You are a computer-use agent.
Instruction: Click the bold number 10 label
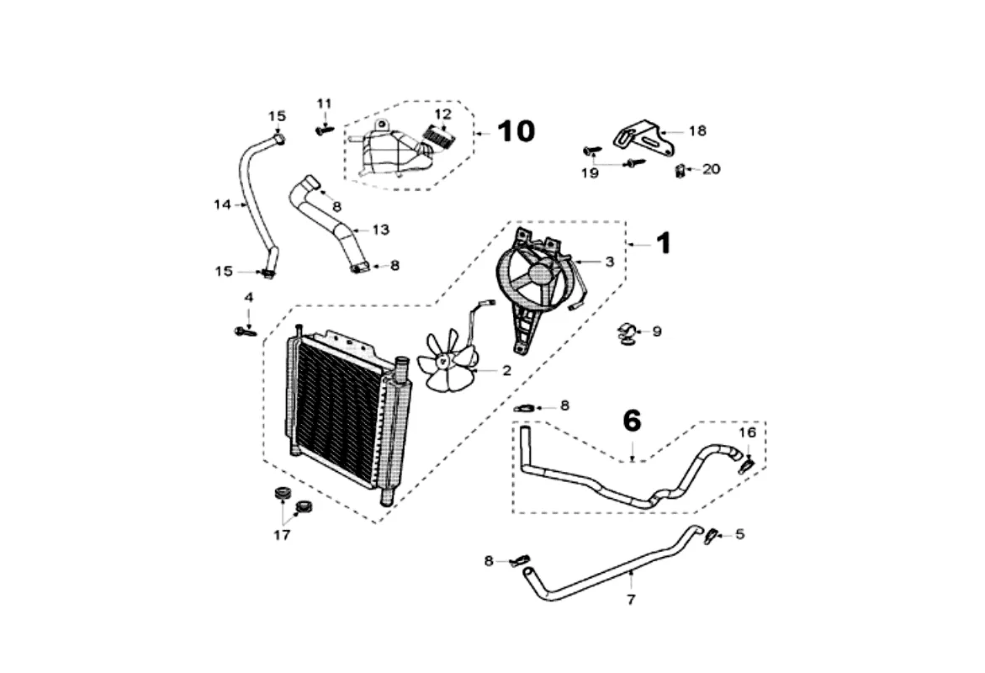click(516, 131)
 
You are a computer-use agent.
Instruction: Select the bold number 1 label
click(664, 244)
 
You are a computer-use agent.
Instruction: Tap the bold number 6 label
click(632, 420)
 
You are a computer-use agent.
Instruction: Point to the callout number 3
click(610, 262)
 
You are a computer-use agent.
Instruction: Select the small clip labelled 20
click(680, 171)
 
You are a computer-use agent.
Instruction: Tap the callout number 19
click(590, 173)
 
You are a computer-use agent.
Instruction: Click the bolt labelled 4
click(245, 331)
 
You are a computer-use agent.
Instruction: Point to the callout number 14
click(221, 204)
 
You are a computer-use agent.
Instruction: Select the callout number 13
click(380, 229)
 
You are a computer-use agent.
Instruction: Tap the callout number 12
click(442, 114)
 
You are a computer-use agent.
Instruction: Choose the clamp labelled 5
click(712, 534)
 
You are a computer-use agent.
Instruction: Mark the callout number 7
click(631, 600)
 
